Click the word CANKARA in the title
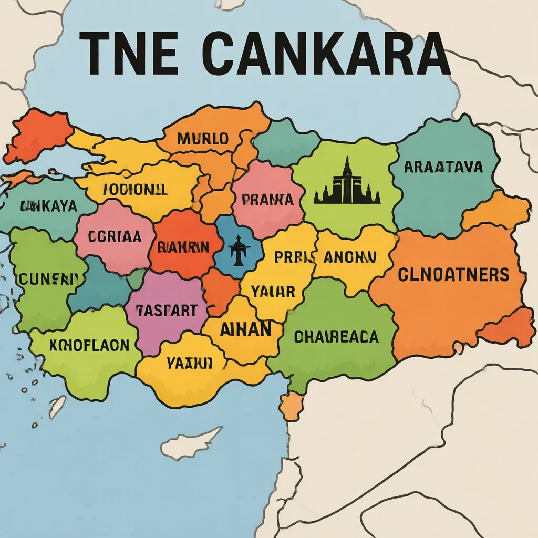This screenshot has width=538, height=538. (326, 54)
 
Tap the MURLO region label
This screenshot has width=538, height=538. (203, 139)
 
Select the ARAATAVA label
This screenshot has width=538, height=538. (444, 167)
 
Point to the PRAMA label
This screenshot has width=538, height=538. (267, 200)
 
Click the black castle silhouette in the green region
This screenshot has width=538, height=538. (347, 184)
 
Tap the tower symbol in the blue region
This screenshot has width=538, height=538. (240, 251)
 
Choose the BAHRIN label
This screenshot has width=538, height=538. (183, 247)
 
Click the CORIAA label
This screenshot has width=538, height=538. (115, 236)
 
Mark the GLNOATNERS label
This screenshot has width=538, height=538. (453, 274)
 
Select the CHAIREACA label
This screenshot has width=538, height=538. (336, 336)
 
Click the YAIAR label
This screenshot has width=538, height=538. (273, 292)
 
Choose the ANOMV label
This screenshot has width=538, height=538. (350, 257)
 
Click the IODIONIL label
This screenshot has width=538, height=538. (136, 190)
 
